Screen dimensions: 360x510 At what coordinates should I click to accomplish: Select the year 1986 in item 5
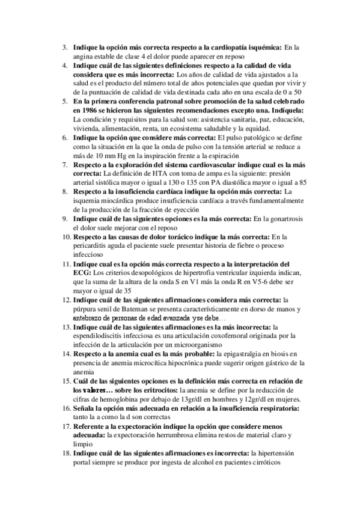pyautogui.click(x=84, y=111)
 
